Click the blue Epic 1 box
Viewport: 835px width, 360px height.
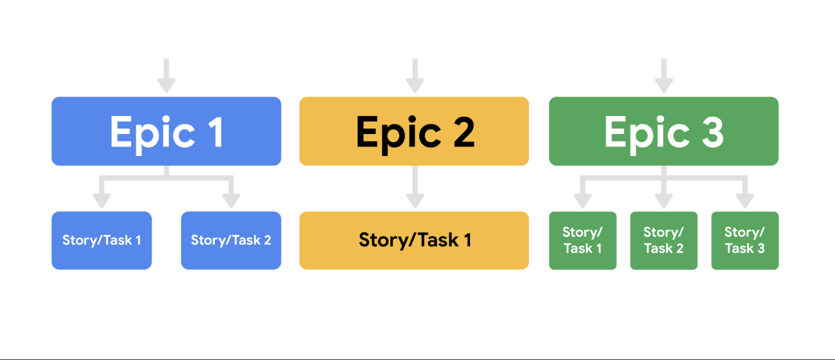click(166, 131)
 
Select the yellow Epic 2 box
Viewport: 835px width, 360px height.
click(414, 131)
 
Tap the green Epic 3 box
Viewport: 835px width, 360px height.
click(663, 131)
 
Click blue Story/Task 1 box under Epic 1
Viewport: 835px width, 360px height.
click(102, 240)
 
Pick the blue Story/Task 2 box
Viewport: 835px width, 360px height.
click(231, 240)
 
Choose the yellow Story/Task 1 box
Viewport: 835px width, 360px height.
click(414, 240)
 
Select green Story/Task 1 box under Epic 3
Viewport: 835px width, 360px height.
click(583, 240)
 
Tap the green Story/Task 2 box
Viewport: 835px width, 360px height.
click(663, 240)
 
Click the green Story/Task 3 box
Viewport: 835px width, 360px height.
click(745, 240)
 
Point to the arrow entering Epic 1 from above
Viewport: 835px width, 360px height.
click(166, 76)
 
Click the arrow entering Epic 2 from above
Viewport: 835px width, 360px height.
click(415, 76)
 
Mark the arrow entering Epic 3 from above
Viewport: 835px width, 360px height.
click(663, 76)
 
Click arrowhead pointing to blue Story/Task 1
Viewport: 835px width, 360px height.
click(102, 200)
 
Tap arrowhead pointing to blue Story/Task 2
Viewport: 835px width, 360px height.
click(231, 200)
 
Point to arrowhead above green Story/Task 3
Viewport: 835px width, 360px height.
click(745, 200)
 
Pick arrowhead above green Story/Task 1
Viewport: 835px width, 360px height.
click(583, 200)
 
